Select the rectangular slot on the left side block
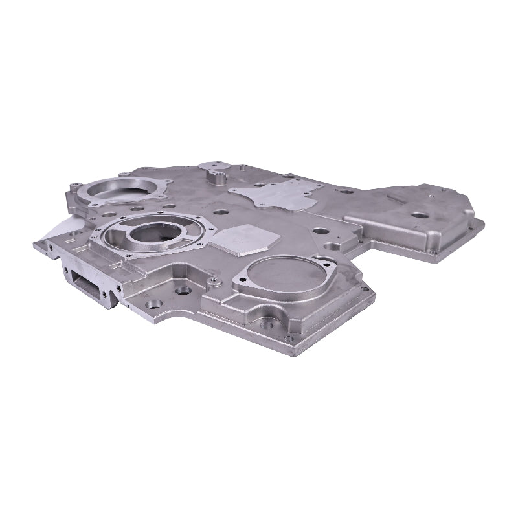click(89, 282)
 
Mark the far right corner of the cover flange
click(482, 223)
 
